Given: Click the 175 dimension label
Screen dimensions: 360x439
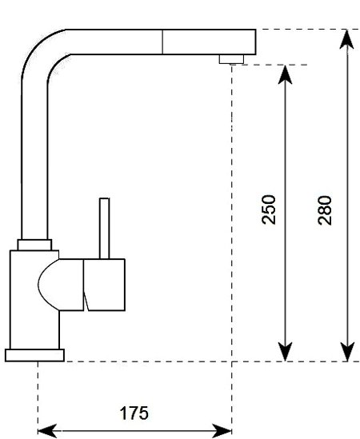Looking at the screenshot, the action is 134,413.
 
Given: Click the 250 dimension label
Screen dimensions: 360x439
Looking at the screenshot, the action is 268,210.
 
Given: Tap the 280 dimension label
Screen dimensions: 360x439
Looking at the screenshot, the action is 325,210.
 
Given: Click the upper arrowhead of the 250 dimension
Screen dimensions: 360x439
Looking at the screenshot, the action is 285,74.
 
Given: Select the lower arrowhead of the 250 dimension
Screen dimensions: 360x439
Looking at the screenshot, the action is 285,352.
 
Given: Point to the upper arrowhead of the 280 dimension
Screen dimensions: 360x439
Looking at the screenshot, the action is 347,39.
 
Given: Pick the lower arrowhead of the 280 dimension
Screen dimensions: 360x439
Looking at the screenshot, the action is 347,352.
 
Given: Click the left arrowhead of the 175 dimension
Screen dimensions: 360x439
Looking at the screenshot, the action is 47,431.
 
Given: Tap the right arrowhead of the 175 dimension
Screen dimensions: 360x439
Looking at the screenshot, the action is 222,431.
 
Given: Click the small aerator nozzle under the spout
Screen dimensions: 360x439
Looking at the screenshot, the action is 231,59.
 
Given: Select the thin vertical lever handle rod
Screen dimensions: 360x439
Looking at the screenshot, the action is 105,229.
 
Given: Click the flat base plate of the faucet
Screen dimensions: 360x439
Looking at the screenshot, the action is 34,355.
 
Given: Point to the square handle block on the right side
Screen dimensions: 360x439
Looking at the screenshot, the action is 104,285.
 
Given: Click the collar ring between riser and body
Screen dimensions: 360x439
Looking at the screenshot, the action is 34,245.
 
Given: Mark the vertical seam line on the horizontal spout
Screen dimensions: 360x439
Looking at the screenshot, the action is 162,42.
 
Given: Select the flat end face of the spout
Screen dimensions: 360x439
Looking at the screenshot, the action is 255,42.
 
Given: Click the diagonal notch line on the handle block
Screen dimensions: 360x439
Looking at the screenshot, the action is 86,301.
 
